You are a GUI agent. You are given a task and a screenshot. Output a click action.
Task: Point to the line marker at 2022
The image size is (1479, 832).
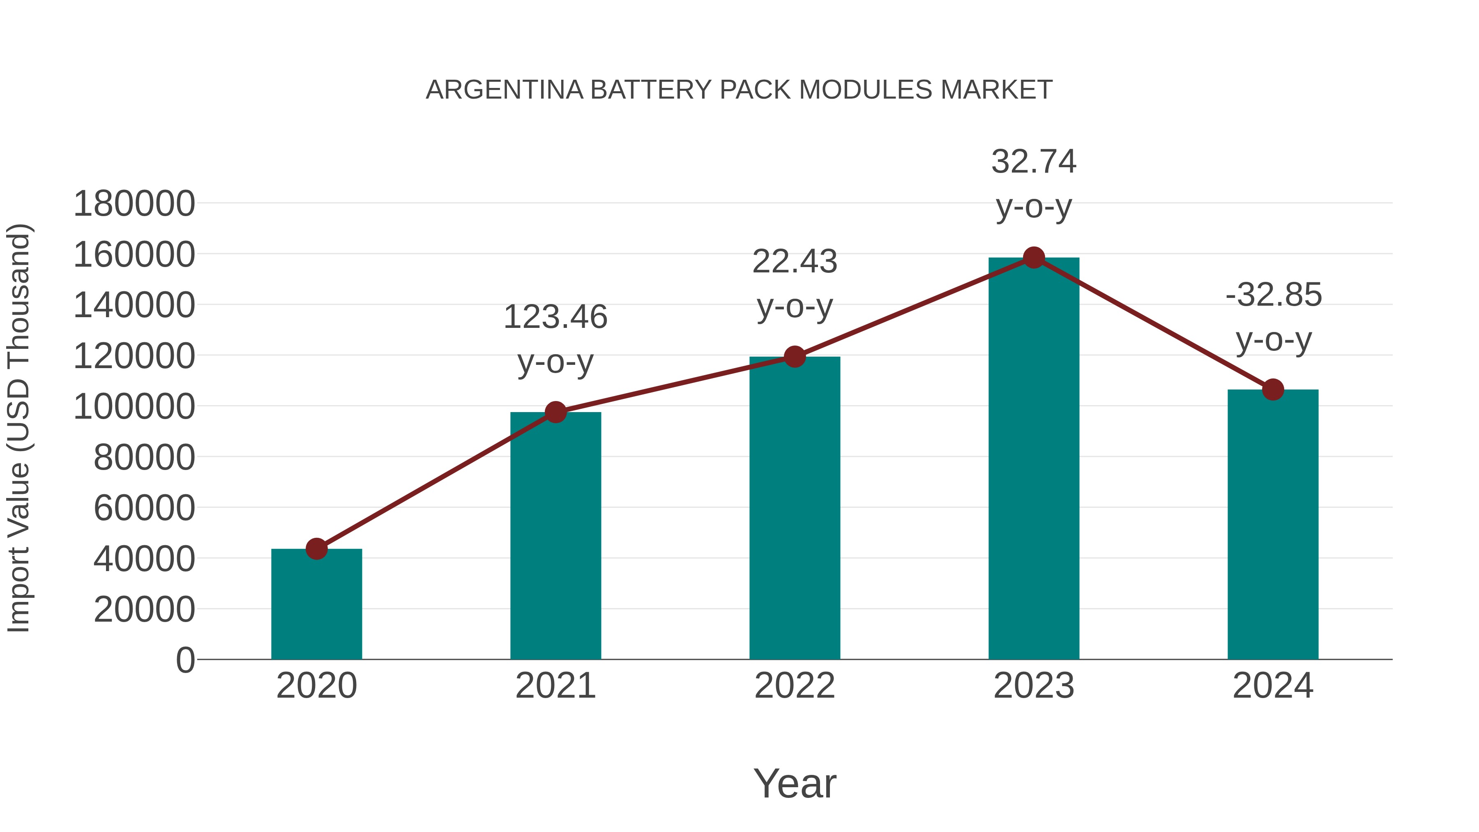[795, 357]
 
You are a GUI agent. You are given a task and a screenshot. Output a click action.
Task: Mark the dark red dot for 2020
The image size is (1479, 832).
[316, 549]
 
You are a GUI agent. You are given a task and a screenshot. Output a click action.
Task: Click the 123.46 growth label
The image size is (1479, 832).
[555, 317]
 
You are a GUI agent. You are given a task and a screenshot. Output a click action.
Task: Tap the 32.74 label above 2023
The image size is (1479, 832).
[1034, 161]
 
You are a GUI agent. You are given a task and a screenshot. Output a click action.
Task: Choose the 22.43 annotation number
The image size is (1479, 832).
[795, 261]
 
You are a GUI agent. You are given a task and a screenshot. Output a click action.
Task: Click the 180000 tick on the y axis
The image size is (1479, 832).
[134, 204]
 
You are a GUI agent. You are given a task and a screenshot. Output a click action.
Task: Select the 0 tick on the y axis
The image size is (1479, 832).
[185, 660]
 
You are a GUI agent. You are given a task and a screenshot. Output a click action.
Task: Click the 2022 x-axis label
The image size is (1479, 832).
[795, 686]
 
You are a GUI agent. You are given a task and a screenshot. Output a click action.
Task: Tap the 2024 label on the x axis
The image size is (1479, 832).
[1273, 686]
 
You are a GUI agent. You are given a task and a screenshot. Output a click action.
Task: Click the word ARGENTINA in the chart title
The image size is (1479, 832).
[504, 90]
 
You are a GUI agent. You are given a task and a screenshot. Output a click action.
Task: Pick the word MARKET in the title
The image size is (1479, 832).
[996, 90]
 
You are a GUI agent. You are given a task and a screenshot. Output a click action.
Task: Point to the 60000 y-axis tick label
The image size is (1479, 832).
[144, 508]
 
